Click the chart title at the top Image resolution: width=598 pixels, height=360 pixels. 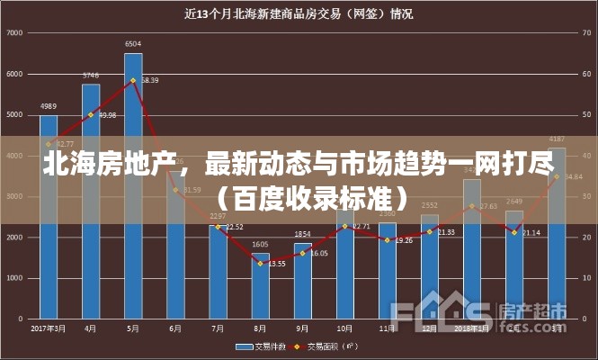[x=299, y=13]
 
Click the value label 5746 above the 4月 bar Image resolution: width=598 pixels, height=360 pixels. [x=91, y=75]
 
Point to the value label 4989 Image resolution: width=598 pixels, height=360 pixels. [x=49, y=106]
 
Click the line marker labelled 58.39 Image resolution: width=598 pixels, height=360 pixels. [x=133, y=81]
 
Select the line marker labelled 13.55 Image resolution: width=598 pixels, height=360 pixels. [x=260, y=264]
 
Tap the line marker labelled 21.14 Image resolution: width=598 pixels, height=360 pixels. [x=514, y=233]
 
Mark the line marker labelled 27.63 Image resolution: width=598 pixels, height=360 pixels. [x=472, y=206]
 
